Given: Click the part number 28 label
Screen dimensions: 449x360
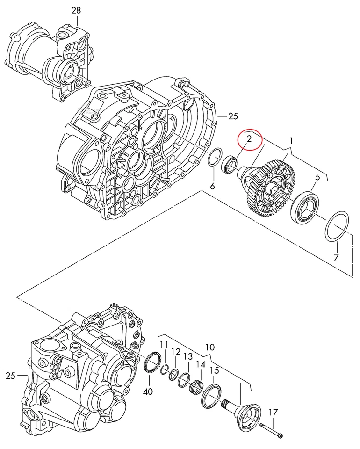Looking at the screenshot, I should tap(76, 10).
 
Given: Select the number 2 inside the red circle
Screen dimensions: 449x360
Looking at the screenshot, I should tap(249, 138).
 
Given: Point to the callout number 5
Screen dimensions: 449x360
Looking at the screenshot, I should tap(317, 177).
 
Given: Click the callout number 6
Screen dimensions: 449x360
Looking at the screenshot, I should tap(213, 186).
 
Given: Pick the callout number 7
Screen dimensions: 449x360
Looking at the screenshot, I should tap(336, 258).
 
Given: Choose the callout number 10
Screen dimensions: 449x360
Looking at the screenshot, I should tap(209, 348).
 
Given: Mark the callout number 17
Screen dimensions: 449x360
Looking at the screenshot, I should tap(274, 412).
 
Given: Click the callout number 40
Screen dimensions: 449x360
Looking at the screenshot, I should tap(148, 392).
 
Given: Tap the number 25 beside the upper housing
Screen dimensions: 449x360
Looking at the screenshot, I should tap(234, 116).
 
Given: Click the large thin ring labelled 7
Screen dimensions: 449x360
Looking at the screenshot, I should tap(336, 226).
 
